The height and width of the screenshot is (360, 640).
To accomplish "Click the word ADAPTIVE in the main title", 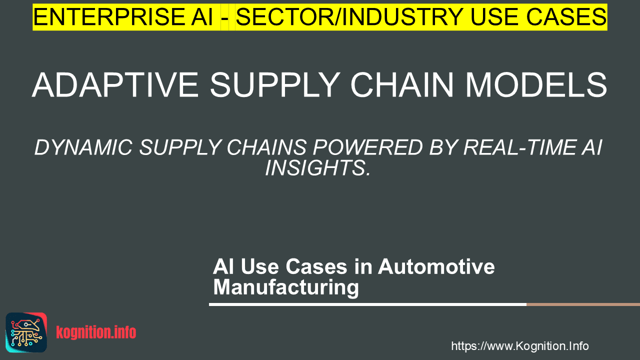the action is (115, 85).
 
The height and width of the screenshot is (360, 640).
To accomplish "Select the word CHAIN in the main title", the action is (402, 85).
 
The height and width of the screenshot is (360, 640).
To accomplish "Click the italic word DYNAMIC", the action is (83, 147).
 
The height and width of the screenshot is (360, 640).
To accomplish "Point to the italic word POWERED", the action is (367, 147).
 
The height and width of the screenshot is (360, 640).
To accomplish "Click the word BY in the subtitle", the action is (443, 147).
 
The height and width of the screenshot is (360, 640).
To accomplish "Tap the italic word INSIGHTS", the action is (317, 167).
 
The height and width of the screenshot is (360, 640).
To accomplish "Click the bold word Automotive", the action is (436, 266).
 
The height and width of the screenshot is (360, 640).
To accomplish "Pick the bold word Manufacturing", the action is (286, 287).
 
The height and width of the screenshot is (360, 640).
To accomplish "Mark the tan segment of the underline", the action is (583, 304).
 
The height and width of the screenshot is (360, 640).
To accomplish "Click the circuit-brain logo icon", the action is (26, 332).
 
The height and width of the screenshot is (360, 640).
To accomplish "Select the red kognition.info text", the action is (96, 332).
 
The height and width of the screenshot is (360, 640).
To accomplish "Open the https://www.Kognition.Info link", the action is (520, 346).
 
